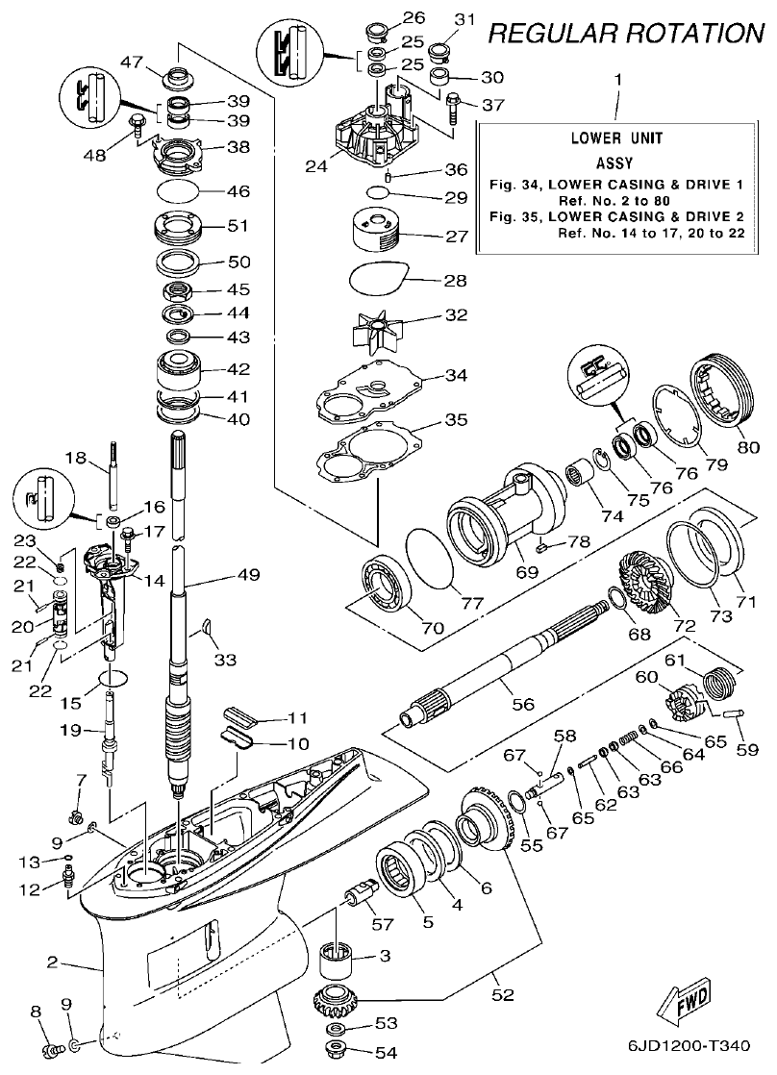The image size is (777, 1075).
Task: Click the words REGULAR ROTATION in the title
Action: coord(626,34)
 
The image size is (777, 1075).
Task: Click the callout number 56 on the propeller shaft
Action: coord(523,704)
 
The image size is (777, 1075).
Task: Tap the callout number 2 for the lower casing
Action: coord(53,961)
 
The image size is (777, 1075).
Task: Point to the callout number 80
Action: coord(748,445)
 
